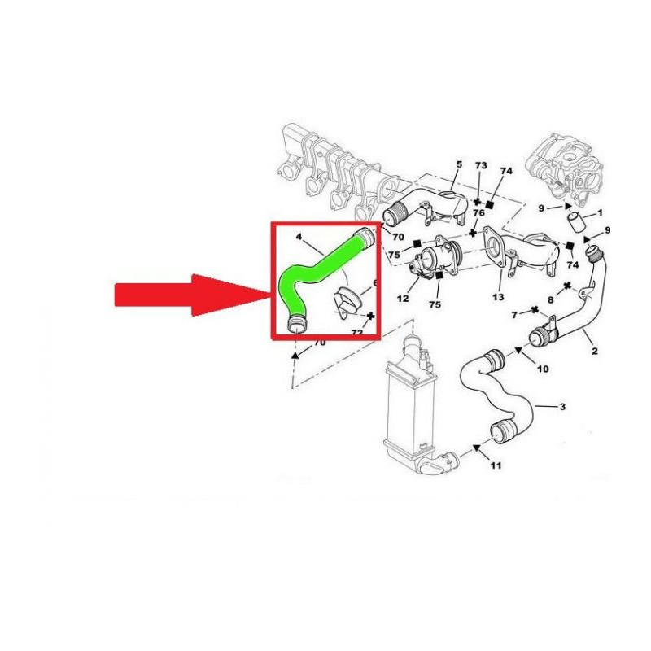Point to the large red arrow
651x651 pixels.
coord(192,295)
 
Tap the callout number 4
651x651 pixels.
coord(299,237)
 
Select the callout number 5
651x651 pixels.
coord(459,164)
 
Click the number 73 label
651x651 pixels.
coord(481,165)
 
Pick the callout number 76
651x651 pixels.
coord(478,213)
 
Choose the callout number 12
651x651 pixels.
coord(403,299)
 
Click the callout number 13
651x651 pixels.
coord(498,297)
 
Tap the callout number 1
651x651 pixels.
coord(600,212)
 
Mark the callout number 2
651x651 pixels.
coord(595,351)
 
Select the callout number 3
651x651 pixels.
coord(562,406)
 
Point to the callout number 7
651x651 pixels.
coord(515,315)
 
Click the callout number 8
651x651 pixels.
coord(551,299)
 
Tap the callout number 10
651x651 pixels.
coord(543,369)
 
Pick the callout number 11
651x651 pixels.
coord(496,465)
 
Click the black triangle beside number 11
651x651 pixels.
coord(477,448)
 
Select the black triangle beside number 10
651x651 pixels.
coord(518,351)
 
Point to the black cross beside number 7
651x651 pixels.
coord(535,310)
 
